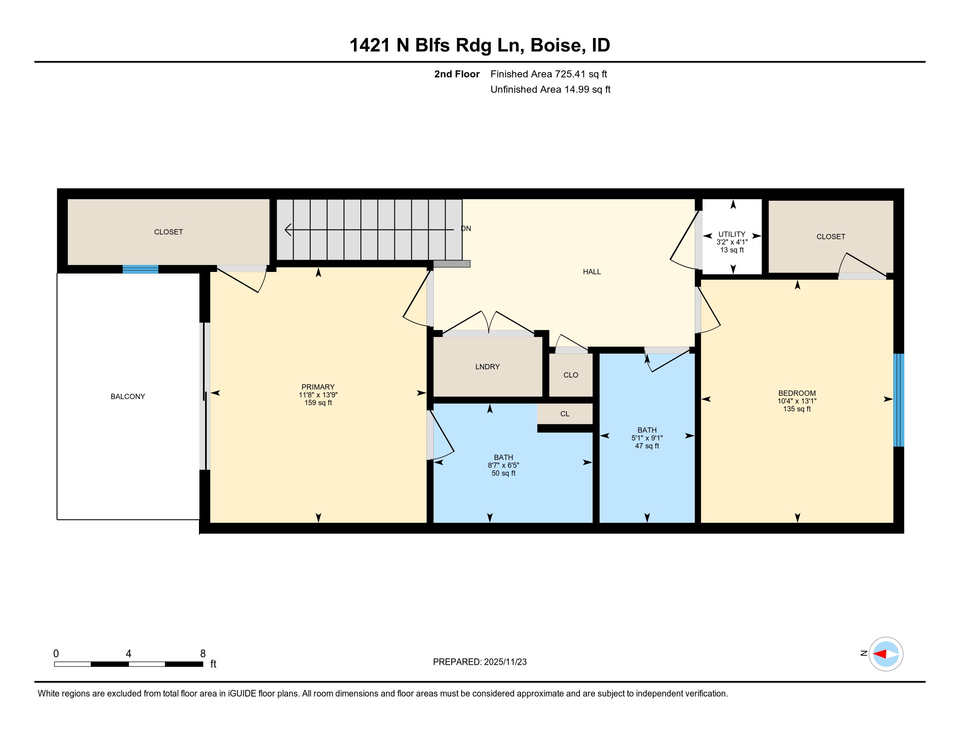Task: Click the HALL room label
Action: tap(592, 271)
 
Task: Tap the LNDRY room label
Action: tap(487, 367)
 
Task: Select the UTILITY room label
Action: tap(732, 234)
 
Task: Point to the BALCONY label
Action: tap(127, 396)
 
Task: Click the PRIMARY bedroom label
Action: tap(318, 387)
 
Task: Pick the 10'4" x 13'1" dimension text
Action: tap(797, 401)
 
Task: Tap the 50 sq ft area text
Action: tap(503, 473)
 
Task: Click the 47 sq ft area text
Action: tap(647, 446)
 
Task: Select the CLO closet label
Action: tap(571, 375)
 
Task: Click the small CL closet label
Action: tap(565, 414)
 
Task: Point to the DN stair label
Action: tap(466, 229)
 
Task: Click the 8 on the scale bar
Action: tap(202, 654)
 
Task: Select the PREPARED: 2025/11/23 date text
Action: tap(480, 662)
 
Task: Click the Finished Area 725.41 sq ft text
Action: tap(549, 74)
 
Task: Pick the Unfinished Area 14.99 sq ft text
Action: tap(550, 89)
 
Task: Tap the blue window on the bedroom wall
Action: tap(899, 400)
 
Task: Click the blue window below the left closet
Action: tap(140, 269)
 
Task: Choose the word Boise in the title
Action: tap(558, 45)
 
